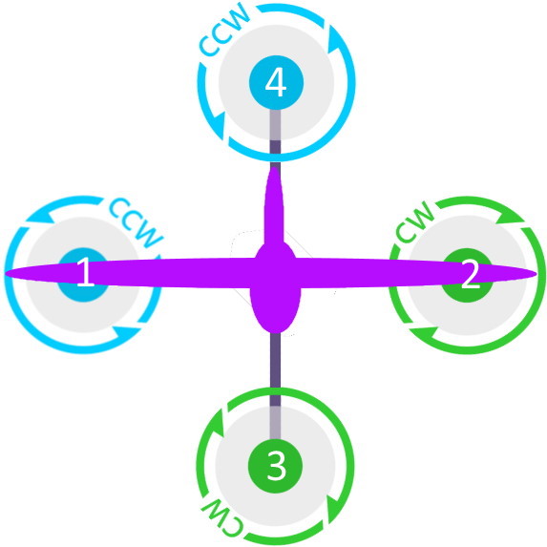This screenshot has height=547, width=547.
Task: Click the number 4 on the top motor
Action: [x=276, y=84]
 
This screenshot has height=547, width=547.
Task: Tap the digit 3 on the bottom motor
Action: [x=276, y=468]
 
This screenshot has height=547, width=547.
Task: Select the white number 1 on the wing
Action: [x=85, y=273]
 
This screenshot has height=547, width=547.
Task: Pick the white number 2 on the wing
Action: [x=471, y=275]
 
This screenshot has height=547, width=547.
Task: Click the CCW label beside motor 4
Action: [x=225, y=31]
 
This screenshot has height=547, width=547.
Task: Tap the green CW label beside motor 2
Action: [x=415, y=222]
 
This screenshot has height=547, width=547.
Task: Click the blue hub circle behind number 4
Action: [x=276, y=82]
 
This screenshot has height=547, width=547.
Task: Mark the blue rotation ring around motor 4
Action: [x=353, y=82]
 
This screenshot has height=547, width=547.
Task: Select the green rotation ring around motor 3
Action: [x=351, y=466]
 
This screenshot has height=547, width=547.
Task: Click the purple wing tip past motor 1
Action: [x=5, y=273]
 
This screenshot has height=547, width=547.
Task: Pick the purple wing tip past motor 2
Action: [x=536, y=275]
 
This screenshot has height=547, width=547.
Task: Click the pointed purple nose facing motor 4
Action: [x=275, y=168]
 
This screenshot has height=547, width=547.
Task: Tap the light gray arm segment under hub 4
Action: [x=276, y=125]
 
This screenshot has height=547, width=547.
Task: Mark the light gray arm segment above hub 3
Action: [x=276, y=423]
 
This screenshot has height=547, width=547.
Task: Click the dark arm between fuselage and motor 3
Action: [x=276, y=369]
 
